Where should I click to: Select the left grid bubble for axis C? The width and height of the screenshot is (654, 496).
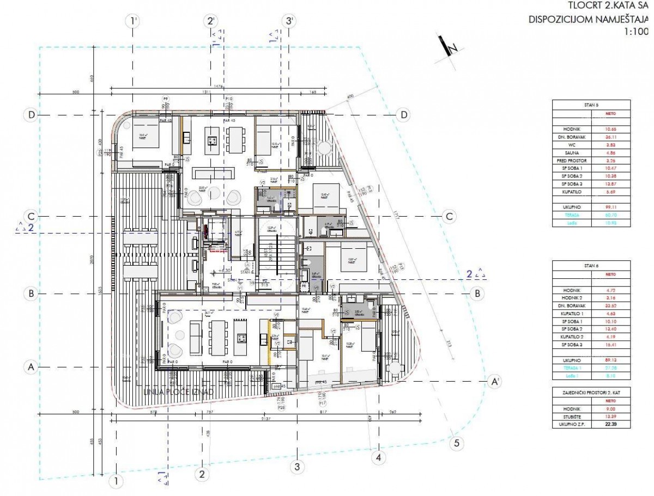tap(32, 216)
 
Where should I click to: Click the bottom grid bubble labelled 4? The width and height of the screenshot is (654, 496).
tap(377, 457)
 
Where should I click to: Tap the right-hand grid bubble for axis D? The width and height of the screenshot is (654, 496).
tap(404, 115)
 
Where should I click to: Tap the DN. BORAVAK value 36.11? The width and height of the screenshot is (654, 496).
tap(614, 138)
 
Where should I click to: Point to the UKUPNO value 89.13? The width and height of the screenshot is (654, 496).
tap(614, 360)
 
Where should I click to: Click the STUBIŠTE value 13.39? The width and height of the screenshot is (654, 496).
tap(614, 417)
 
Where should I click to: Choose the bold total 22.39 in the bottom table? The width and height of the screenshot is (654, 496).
tap(614, 425)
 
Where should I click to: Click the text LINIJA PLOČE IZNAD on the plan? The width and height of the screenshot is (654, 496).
tap(175, 391)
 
